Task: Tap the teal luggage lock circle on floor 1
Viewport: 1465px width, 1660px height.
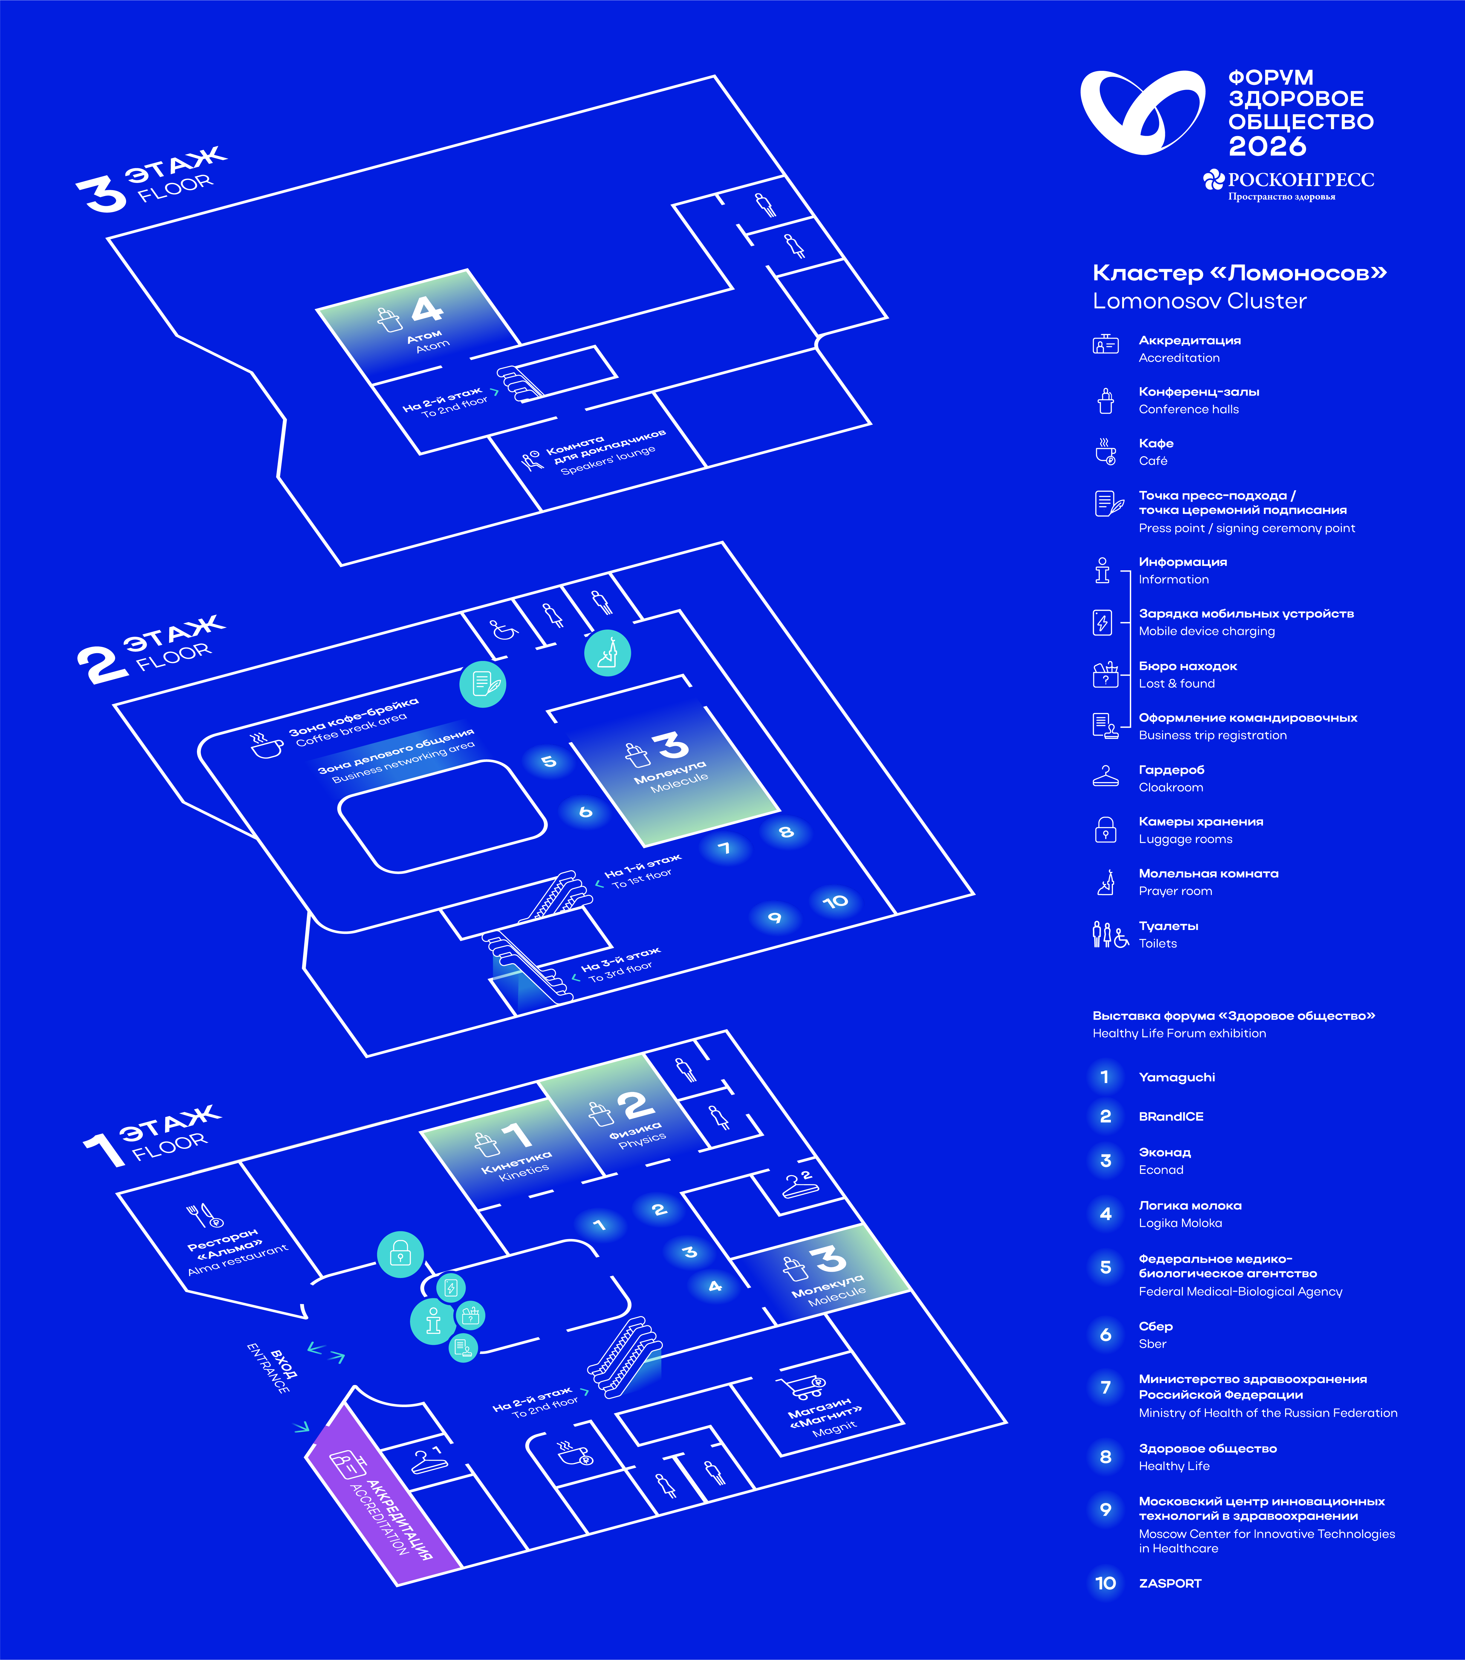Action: [x=400, y=1255]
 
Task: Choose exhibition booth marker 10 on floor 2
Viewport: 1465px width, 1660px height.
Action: [x=835, y=902]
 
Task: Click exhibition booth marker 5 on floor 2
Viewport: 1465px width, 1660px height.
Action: [x=549, y=761]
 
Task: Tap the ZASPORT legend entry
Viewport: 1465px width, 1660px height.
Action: [x=1169, y=1583]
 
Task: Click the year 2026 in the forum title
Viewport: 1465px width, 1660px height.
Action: [x=1267, y=146]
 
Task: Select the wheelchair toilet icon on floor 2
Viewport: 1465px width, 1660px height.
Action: [x=504, y=629]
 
